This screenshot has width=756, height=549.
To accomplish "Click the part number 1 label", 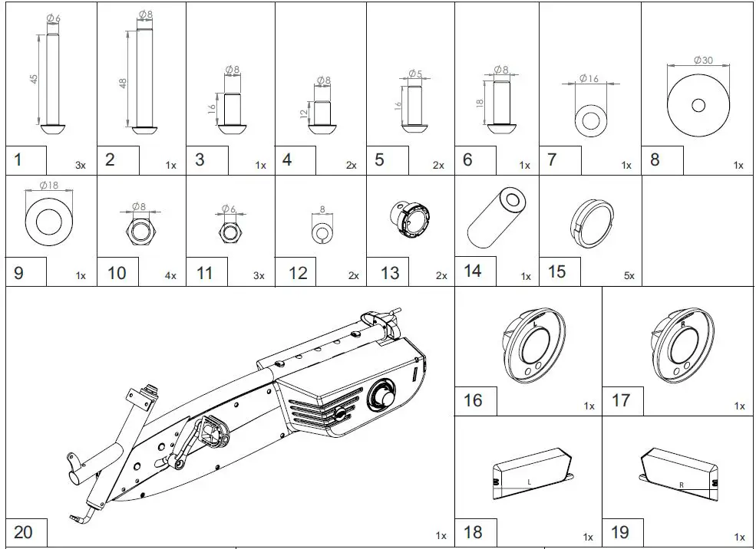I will [18, 160].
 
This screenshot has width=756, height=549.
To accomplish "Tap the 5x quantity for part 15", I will [628, 276].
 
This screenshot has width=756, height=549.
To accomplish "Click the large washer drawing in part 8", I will [698, 105].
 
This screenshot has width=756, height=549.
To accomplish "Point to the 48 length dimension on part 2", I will [124, 82].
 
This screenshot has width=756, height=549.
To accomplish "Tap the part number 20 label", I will [24, 531].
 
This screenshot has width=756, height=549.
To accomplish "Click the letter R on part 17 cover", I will [682, 325].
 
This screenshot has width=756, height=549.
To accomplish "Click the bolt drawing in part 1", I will [51, 84].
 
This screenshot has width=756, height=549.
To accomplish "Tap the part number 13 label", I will [390, 274].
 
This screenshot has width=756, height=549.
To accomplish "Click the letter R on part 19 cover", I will [681, 485].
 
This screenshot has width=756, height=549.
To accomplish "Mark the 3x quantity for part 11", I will [259, 276].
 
